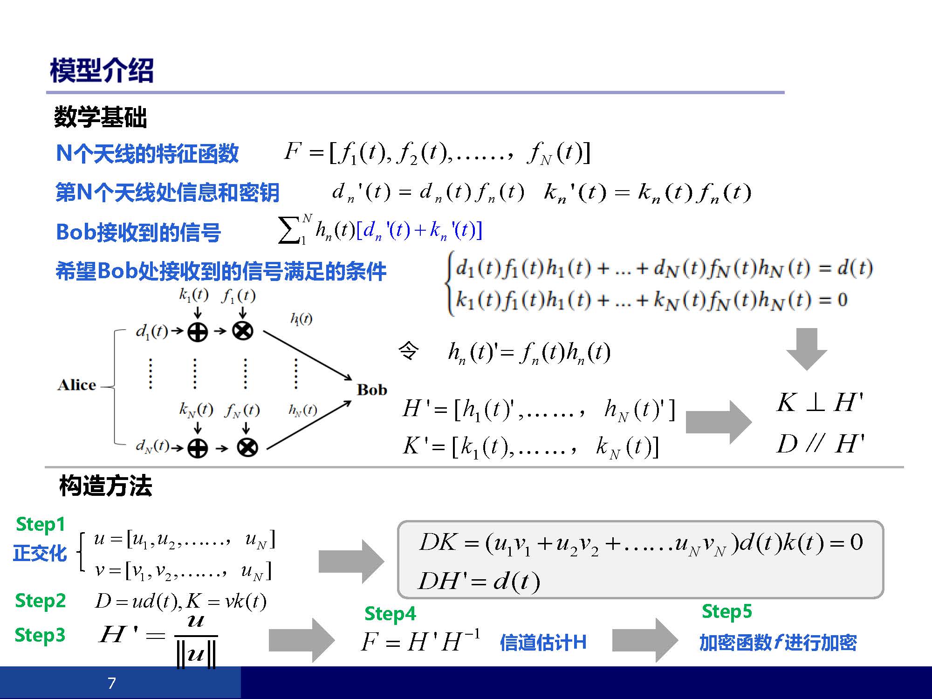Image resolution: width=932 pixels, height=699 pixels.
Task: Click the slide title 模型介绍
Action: tap(102, 70)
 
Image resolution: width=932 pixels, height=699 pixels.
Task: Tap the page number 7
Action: tap(112, 683)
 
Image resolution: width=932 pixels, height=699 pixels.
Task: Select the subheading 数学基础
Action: tap(100, 116)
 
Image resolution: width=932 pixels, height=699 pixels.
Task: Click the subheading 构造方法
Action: tap(106, 486)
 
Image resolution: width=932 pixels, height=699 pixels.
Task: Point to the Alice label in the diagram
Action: tap(77, 385)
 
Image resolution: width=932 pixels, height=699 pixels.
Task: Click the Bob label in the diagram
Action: tap(372, 390)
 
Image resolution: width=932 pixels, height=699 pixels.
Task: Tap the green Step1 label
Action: tap(41, 525)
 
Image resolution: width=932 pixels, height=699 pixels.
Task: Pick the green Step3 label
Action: tap(40, 635)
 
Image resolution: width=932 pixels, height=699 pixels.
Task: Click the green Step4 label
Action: tap(390, 614)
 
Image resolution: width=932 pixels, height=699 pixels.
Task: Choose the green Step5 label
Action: tap(727, 612)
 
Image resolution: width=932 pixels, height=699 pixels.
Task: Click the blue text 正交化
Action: tap(40, 554)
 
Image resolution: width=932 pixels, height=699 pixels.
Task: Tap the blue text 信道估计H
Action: tap(543, 643)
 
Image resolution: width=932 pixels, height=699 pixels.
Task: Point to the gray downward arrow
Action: tap(807, 349)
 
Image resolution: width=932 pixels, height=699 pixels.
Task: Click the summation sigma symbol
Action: tap(289, 230)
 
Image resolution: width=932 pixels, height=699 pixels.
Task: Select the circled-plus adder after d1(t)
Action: tap(198, 332)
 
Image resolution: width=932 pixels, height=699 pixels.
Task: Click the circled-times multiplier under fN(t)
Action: tap(247, 448)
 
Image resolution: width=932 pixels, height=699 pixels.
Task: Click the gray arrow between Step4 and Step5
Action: tap(645, 640)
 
